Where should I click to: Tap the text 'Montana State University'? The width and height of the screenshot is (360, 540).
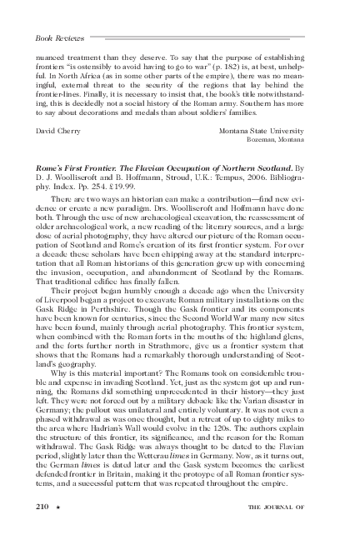[271, 131]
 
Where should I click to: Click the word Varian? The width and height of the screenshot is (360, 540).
[245, 414]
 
